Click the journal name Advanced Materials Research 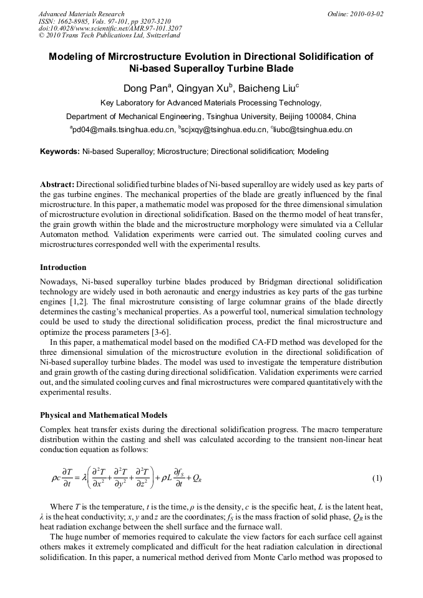pyautogui.click(x=81, y=13)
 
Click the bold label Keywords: pyautogui.click(x=59, y=152)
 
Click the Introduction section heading pyautogui.click(x=63, y=268)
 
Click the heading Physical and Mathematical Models pyautogui.click(x=104, y=415)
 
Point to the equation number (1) pyautogui.click(x=377, y=478)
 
